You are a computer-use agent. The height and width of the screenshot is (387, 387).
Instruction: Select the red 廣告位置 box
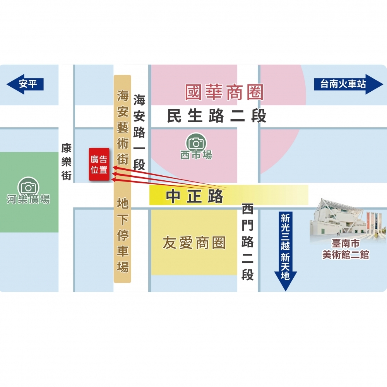coord(99,164)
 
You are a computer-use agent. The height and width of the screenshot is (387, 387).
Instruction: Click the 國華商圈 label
coord(224,93)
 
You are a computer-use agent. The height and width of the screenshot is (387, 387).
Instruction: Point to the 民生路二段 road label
coord(217,116)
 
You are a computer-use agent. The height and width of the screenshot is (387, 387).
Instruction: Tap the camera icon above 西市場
coord(196,142)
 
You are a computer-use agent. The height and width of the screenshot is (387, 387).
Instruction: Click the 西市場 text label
coord(196,155)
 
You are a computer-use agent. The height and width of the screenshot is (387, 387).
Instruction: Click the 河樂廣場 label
coord(28,199)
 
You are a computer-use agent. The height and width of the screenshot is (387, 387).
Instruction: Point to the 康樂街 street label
coord(67,162)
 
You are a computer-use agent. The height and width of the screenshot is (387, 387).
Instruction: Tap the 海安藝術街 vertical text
coord(123,128)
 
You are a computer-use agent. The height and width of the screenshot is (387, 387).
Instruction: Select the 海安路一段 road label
coord(139,132)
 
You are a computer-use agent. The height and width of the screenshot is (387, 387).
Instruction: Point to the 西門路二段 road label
coord(247,242)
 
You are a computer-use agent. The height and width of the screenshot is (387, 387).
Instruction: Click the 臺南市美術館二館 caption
coord(345,250)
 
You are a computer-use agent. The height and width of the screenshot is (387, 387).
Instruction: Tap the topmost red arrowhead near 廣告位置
coord(115,168)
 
